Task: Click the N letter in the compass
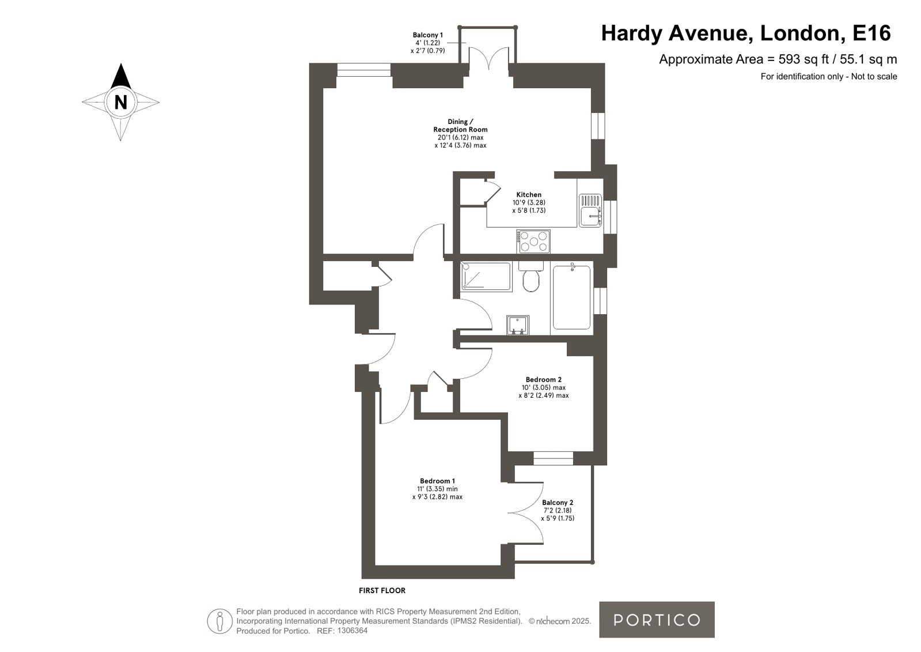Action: [x=120, y=102]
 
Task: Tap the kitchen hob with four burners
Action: [x=533, y=242]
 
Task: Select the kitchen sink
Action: [x=590, y=210]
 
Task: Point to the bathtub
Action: [x=571, y=297]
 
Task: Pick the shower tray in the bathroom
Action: [x=486, y=277]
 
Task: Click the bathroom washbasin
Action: [x=518, y=325]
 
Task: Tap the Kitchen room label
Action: [x=529, y=195]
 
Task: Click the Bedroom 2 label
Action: [x=544, y=379]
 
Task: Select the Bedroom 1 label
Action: [x=438, y=481]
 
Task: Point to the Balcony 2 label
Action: [x=558, y=503]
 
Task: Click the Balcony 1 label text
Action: [x=427, y=35]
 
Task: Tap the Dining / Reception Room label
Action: [x=461, y=126]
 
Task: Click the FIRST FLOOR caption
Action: [x=382, y=591]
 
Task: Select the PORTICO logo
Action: [x=657, y=620]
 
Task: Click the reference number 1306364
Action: [x=353, y=631]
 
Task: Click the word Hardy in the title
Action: [x=632, y=33]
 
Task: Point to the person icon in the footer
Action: [x=220, y=621]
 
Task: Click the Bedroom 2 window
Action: [x=554, y=458]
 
